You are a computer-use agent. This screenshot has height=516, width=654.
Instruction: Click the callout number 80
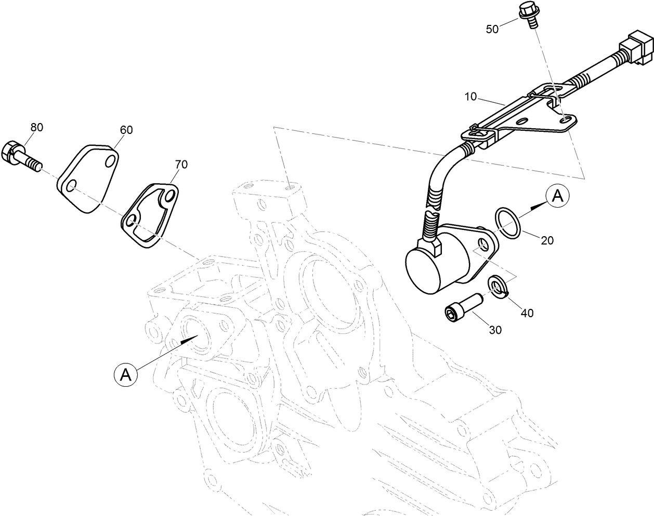pos(36,127)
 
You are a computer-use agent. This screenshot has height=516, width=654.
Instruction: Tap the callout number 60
pos(126,130)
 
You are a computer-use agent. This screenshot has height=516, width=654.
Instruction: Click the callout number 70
pos(181,165)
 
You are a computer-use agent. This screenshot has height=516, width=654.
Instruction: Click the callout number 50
pos(492,29)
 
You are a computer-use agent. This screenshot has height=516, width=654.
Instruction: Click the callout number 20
pos(547,240)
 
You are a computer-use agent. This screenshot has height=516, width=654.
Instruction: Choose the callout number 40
pos(527,313)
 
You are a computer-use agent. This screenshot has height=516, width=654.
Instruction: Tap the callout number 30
pos(495,330)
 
